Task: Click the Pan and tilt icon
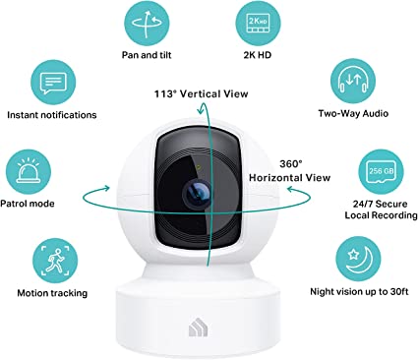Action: pyautogui.click(x=147, y=24)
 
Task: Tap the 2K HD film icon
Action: pyautogui.click(x=259, y=23)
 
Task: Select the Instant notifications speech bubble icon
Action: pyautogui.click(x=53, y=83)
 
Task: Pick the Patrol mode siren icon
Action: pyautogui.click(x=29, y=172)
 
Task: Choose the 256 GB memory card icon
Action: pyautogui.click(x=381, y=172)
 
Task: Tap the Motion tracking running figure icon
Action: pyautogui.click(x=55, y=261)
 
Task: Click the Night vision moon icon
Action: pyautogui.click(x=358, y=259)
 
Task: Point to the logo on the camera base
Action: pyautogui.click(x=198, y=329)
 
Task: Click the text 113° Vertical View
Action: pyautogui.click(x=202, y=94)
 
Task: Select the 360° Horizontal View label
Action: pyautogui.click(x=290, y=171)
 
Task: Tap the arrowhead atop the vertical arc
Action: pyautogui.click(x=201, y=109)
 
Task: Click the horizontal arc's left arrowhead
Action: pyautogui.click(x=105, y=188)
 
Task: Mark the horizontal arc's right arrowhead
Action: pyautogui.click(x=291, y=189)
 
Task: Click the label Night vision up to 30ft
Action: pyautogui.click(x=359, y=291)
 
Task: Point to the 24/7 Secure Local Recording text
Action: pyautogui.click(x=381, y=210)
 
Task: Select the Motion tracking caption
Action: pyautogui.click(x=52, y=293)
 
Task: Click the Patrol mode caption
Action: pyautogui.click(x=28, y=204)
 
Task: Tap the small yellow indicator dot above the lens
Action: pyautogui.click(x=200, y=167)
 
